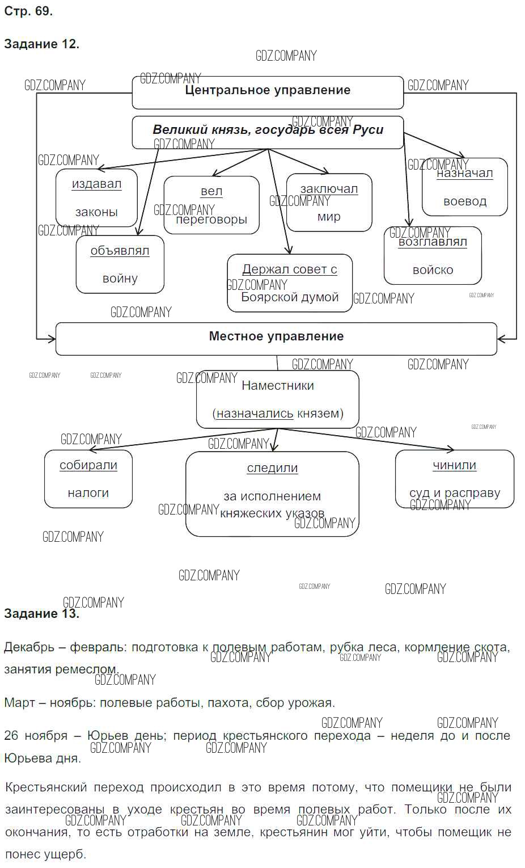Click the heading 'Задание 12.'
41,44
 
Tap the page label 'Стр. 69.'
28,11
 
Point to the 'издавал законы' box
96,198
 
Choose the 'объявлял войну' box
120,264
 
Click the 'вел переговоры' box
211,205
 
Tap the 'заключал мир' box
329,203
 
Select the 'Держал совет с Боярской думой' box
290,283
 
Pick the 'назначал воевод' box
464,187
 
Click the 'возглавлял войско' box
433,256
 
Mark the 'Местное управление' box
276,339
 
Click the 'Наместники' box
278,399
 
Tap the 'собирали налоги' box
88,479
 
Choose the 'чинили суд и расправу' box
454,479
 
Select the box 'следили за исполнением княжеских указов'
272,494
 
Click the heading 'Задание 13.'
41,614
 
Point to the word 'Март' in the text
19,703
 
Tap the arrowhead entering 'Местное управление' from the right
500,339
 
